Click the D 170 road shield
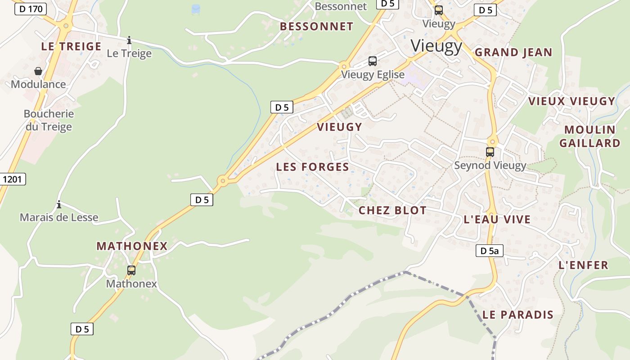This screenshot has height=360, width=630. (x=31, y=9)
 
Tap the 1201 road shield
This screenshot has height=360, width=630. (x=13, y=179)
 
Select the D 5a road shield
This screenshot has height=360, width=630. (x=489, y=251)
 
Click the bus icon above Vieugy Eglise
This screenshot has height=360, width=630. (x=373, y=61)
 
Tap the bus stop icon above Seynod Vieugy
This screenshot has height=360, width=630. (x=490, y=152)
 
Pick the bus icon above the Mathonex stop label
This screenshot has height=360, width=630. (x=131, y=270)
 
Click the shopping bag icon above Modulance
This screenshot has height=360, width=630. (x=38, y=71)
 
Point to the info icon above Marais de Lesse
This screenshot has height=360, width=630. (x=59, y=205)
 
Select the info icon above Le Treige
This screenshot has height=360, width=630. (x=129, y=40)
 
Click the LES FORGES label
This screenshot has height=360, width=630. (x=312, y=167)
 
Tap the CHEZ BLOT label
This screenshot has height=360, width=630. (x=392, y=210)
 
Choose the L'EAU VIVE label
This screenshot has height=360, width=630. (x=497, y=220)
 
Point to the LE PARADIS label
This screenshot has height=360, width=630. (x=517, y=315)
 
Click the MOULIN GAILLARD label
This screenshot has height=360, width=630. (x=589, y=136)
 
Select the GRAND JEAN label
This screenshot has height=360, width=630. (x=513, y=52)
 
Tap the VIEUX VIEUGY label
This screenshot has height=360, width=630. (x=571, y=101)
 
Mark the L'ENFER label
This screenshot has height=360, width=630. (x=583, y=265)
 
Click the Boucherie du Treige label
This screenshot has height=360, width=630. (x=49, y=120)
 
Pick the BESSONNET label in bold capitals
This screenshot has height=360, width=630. (x=316, y=27)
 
